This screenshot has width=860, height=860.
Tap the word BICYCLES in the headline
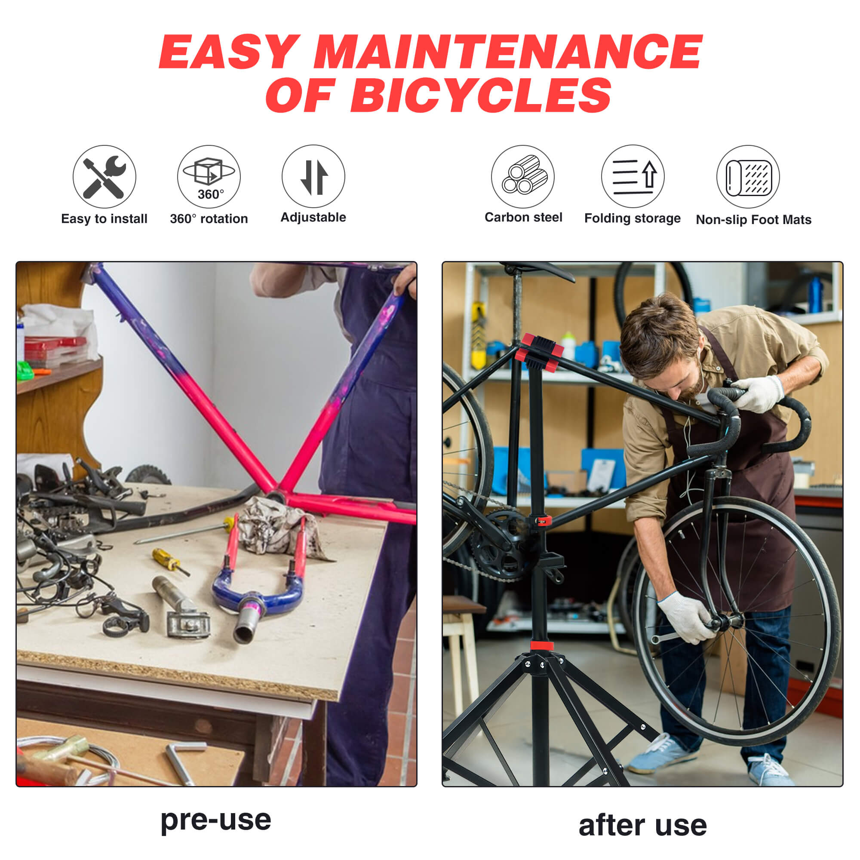coord(481,95)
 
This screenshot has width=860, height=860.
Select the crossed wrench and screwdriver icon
coord(104,177)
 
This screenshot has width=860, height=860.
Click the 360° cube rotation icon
coord(209,177)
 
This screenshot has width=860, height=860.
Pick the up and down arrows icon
coord(313,177)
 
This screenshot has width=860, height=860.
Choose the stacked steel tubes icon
coord(523,177)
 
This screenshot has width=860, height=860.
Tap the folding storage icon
coord(633,177)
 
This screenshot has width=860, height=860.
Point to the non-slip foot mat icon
coord(748,177)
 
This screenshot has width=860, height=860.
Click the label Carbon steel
coord(523,217)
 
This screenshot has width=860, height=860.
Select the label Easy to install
coord(104,218)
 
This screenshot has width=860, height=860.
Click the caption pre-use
coord(216,820)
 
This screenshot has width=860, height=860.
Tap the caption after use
coord(642,826)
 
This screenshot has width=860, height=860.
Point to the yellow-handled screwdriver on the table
coord(170,561)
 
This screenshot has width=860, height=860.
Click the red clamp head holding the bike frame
coord(539,353)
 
